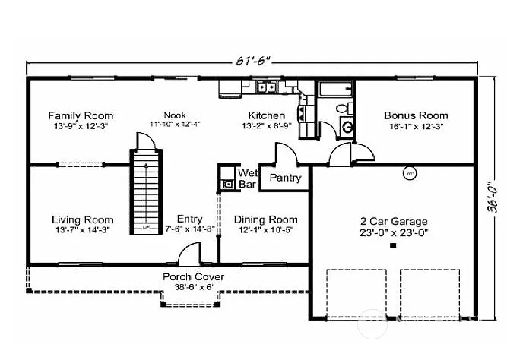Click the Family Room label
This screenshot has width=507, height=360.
(x=81, y=115)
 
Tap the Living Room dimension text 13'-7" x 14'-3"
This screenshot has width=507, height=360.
(x=83, y=229)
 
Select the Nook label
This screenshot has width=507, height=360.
(x=174, y=115)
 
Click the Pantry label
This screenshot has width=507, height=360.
(x=285, y=178)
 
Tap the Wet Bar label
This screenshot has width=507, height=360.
(x=248, y=178)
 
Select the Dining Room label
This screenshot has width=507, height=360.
(x=265, y=219)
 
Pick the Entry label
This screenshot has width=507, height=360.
(x=189, y=219)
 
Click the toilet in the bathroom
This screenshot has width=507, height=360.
(x=347, y=127)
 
